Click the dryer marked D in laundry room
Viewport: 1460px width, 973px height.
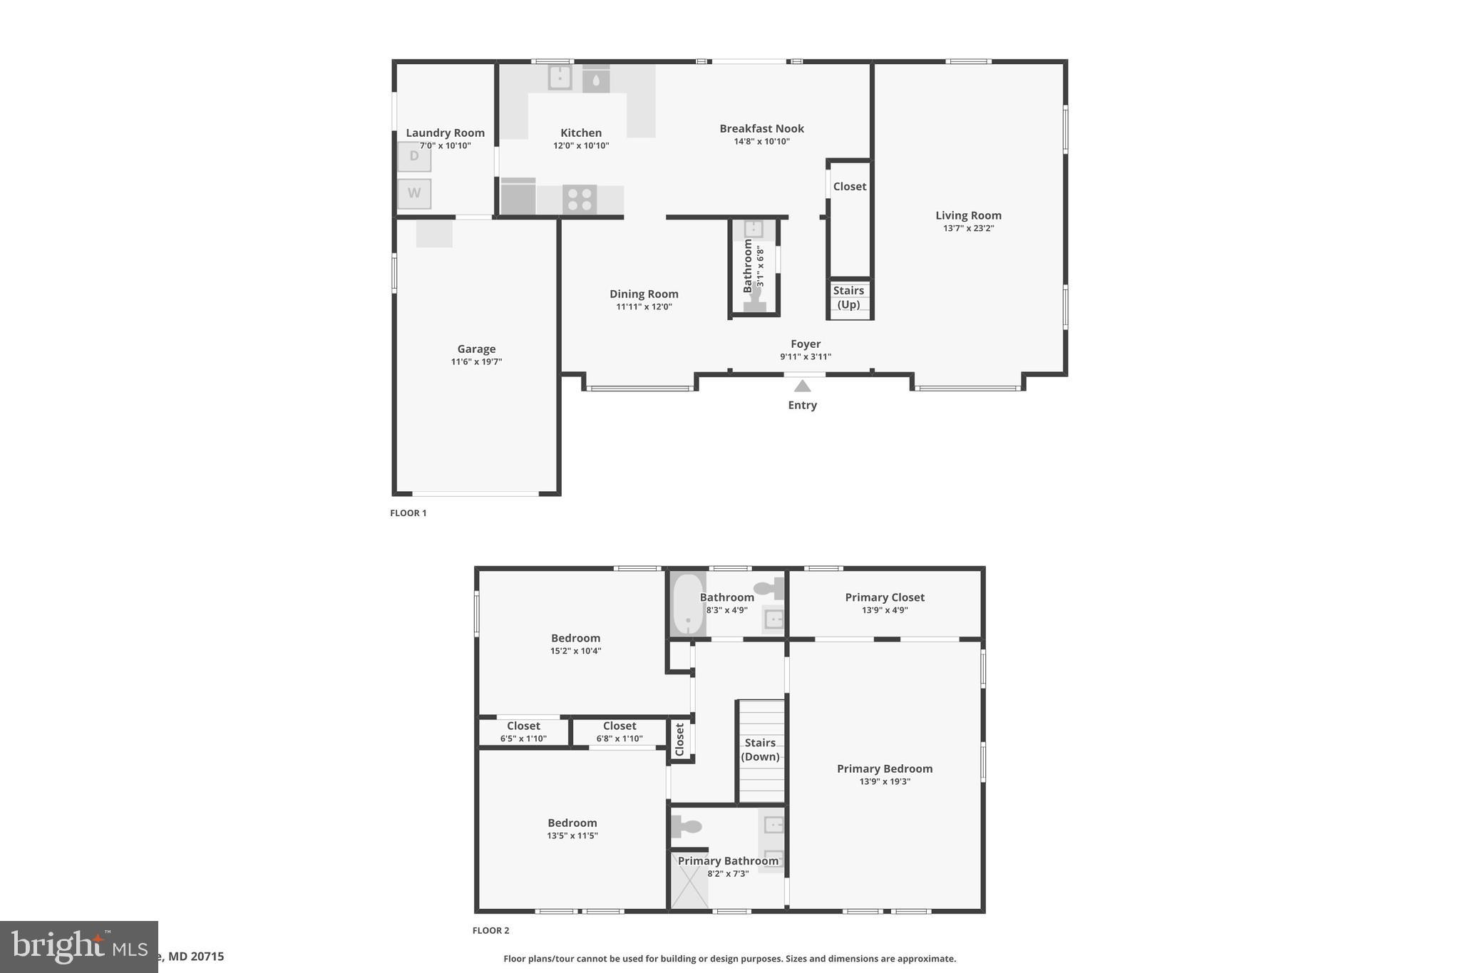(x=414, y=157)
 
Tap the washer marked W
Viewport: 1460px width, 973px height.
(x=414, y=193)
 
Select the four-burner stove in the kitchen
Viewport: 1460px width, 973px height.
(x=580, y=200)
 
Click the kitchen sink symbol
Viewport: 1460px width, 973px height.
(x=560, y=77)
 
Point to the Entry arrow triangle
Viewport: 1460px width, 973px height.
(x=803, y=386)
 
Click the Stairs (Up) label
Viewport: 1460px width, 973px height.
(x=848, y=297)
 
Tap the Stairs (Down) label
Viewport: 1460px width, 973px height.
(x=760, y=749)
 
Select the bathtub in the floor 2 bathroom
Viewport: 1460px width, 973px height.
(x=687, y=603)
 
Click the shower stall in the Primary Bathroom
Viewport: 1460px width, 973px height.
(x=689, y=882)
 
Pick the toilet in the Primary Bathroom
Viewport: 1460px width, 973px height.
(x=686, y=827)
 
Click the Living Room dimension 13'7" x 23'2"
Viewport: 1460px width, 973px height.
(x=968, y=228)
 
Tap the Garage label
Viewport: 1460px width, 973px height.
(x=476, y=349)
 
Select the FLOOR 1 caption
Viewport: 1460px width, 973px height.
(x=408, y=513)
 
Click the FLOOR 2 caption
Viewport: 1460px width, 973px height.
(x=490, y=930)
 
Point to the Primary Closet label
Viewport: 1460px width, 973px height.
(x=885, y=597)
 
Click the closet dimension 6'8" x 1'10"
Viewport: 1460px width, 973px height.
(x=620, y=738)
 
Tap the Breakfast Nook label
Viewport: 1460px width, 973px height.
(x=761, y=128)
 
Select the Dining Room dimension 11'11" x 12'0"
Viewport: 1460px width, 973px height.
(x=644, y=307)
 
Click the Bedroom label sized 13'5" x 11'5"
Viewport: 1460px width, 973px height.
(x=572, y=823)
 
